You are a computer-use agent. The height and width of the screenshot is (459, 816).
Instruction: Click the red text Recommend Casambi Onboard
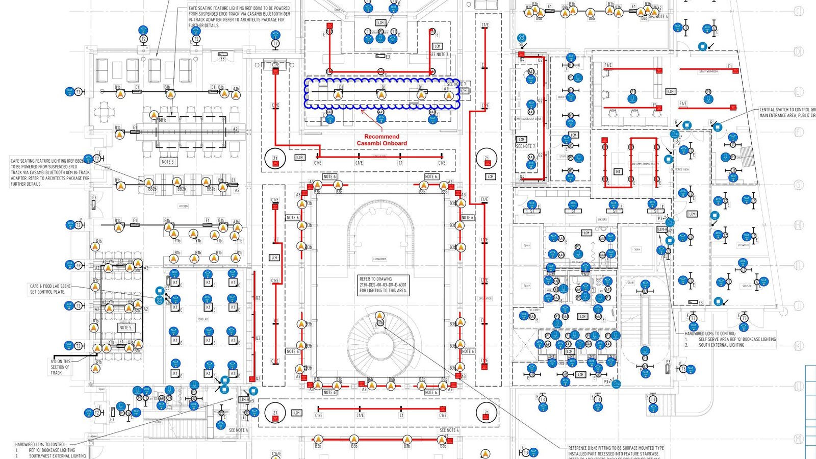(381, 140)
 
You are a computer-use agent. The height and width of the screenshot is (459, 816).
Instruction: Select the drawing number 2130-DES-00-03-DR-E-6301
(382, 285)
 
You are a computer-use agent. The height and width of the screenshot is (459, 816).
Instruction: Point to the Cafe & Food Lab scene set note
(50, 289)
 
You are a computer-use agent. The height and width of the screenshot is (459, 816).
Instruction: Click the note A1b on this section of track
(60, 367)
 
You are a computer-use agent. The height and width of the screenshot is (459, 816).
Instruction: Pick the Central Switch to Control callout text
(787, 112)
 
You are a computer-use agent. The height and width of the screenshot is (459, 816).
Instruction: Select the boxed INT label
(618, 172)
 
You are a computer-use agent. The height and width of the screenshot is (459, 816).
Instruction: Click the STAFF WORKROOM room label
(708, 72)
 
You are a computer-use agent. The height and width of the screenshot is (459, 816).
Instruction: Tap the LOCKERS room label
(602, 220)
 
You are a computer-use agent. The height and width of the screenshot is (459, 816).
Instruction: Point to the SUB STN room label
(747, 286)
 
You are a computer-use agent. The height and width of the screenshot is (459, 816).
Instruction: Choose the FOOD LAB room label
(202, 319)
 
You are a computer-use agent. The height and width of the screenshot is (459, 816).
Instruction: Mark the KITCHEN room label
(183, 206)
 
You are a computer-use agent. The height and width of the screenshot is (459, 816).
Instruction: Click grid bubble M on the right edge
(799, 439)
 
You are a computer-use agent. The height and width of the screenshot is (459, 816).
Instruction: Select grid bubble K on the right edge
(799, 346)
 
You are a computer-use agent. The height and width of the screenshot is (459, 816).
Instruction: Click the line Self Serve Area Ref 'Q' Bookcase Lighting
(736, 339)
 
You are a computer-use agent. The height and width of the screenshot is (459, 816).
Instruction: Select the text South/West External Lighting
(57, 455)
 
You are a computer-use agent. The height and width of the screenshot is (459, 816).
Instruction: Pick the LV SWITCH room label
(743, 245)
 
